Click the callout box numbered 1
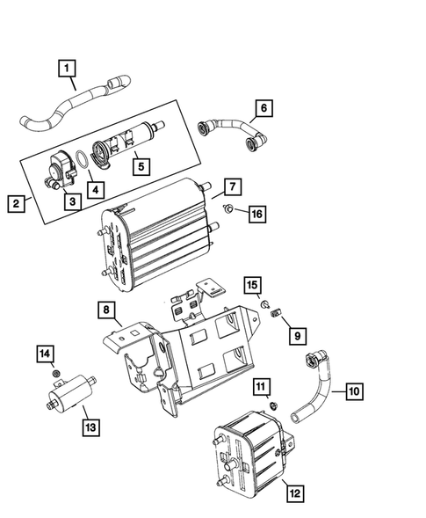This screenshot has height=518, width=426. (x=68, y=66)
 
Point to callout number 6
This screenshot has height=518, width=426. (x=260, y=110)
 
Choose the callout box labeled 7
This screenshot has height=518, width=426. (x=232, y=186)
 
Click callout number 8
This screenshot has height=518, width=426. (x=105, y=310)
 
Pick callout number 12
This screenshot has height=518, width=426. (x=295, y=493)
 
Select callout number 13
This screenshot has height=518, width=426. (x=90, y=427)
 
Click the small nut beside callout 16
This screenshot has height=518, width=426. (x=227, y=209)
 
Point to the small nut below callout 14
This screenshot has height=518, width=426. (x=56, y=373)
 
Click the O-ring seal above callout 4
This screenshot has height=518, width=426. (x=81, y=159)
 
